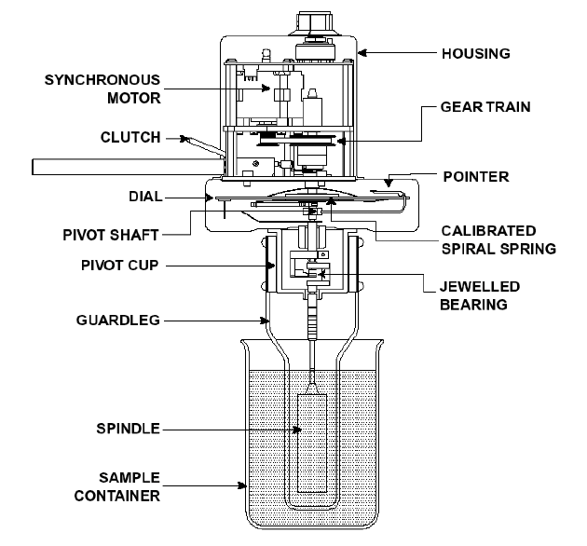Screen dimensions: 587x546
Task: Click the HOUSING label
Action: (476, 53)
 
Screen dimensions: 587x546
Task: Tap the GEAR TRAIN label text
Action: (485, 107)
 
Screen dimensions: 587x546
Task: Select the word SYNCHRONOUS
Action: (102, 80)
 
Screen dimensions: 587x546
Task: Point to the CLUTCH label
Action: (130, 138)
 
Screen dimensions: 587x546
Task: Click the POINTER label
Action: (476, 177)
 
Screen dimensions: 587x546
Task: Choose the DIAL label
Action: (145, 197)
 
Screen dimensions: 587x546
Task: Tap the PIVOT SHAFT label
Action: (111, 235)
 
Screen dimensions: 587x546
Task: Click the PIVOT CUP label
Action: (120, 266)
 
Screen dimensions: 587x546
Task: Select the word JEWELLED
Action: (480, 287)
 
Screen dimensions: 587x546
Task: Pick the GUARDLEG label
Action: (118, 321)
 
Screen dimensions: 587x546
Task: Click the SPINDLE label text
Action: (128, 429)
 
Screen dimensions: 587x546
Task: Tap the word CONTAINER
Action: (117, 497)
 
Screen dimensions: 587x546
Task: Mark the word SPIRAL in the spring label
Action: (469, 249)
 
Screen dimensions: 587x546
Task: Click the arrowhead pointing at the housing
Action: (362, 53)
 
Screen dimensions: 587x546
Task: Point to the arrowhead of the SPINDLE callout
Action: (297, 430)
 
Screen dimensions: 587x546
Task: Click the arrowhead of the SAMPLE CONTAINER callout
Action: (242, 485)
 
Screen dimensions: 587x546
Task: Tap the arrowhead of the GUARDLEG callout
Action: (265, 321)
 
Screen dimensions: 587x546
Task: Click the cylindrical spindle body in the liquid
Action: (312, 443)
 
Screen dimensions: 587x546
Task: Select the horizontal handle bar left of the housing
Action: (128, 167)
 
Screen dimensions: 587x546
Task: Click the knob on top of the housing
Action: (315, 22)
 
